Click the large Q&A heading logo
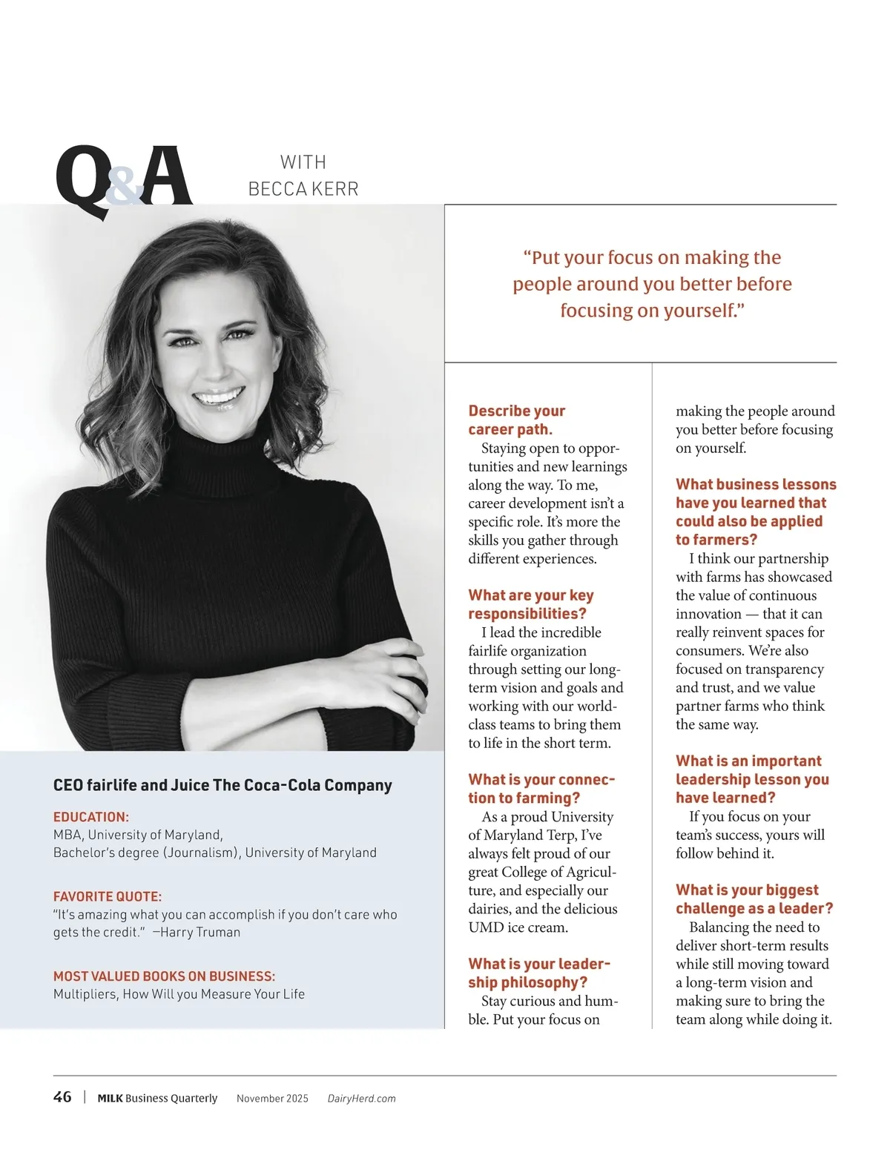[x=124, y=178]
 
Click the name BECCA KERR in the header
[x=303, y=189]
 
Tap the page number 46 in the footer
[x=62, y=1097]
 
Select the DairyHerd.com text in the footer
[x=361, y=1099]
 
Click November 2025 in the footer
[x=272, y=1099]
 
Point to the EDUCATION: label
[x=91, y=817]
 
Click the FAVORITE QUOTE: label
[x=108, y=896]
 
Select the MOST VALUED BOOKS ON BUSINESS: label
[x=164, y=976]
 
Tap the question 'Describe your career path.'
[x=516, y=420]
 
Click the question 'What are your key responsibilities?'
[x=530, y=604]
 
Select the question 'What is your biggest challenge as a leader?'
[x=754, y=898]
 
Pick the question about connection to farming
[x=541, y=788]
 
